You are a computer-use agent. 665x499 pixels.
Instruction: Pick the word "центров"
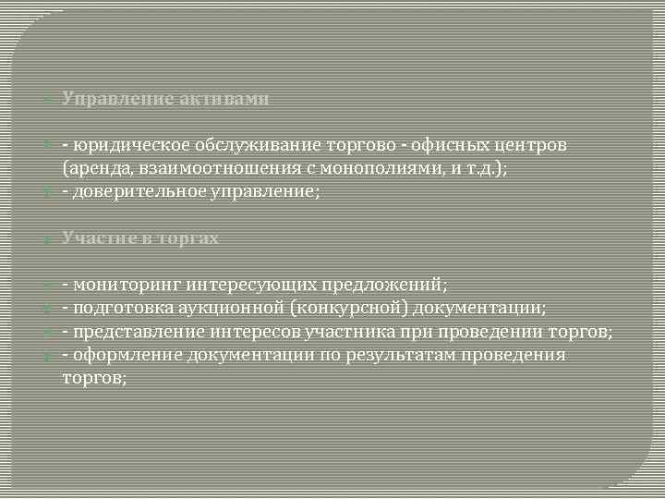528,145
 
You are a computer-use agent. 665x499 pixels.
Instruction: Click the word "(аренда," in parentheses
95,169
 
